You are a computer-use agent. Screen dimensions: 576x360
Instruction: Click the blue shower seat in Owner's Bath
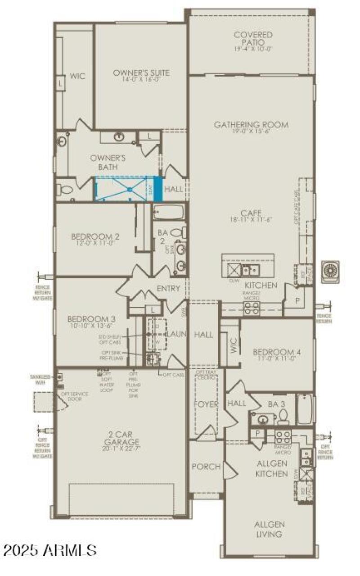pyautogui.click(x=157, y=189)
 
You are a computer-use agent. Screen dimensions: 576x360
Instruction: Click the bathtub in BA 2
pyautogui.click(x=168, y=212)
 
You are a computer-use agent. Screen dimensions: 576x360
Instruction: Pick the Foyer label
pyautogui.click(x=206, y=404)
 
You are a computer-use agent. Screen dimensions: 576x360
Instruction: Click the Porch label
pyautogui.click(x=206, y=467)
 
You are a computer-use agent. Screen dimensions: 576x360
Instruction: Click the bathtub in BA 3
pyautogui.click(x=304, y=408)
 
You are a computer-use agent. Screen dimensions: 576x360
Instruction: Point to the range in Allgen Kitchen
pyautogui.click(x=283, y=436)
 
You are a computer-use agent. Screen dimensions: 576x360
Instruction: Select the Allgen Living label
pyautogui.click(x=269, y=530)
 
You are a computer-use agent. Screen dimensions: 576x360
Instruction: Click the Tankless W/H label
pyautogui.click(x=41, y=380)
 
